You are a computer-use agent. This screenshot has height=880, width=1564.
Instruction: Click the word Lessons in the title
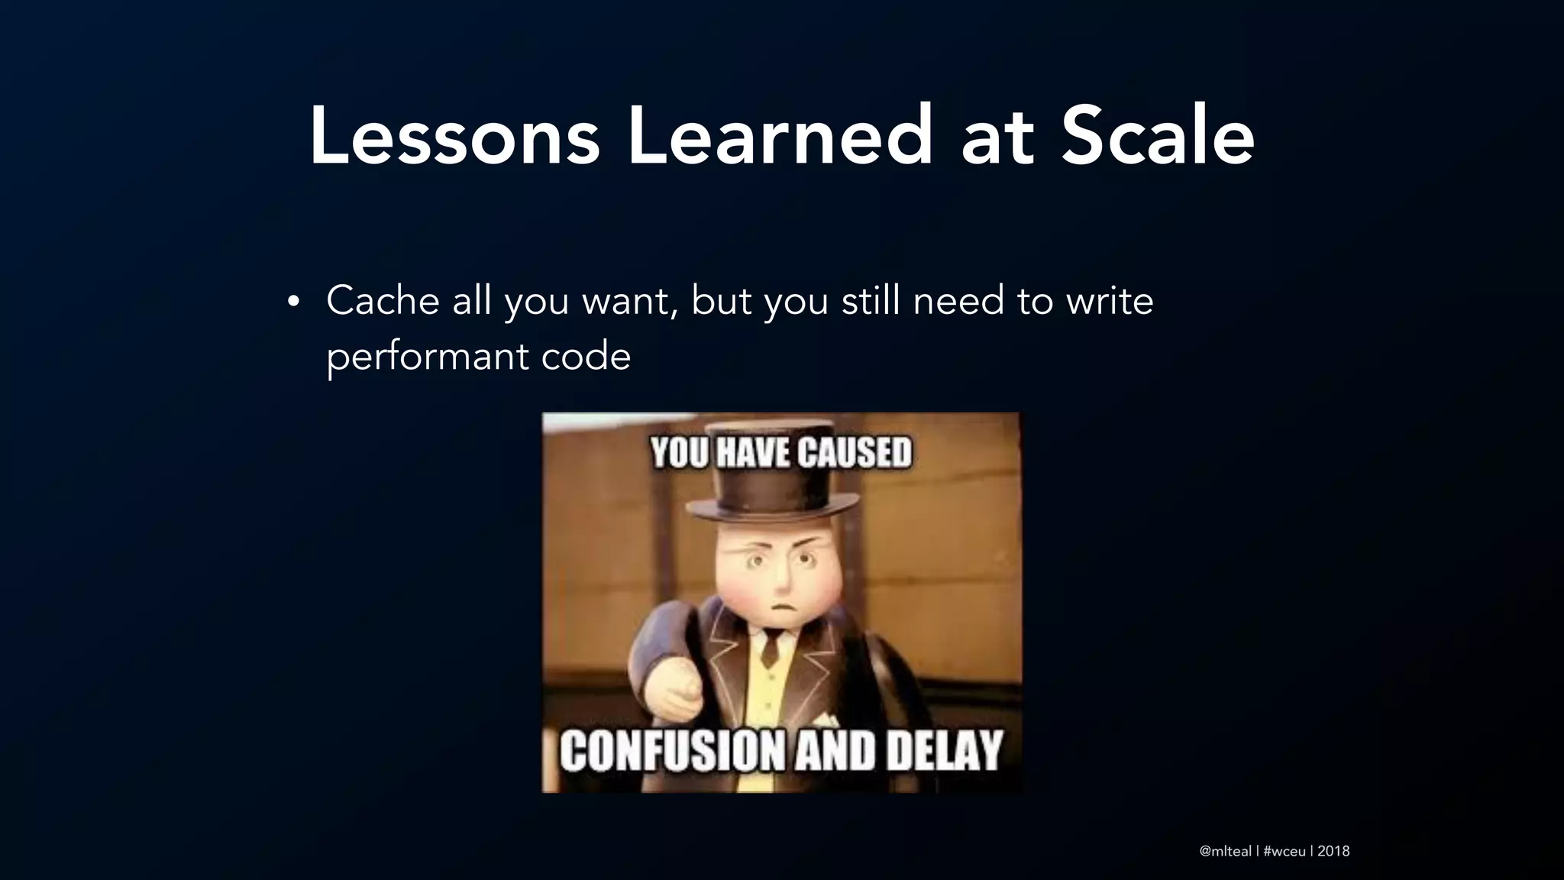pos(454,137)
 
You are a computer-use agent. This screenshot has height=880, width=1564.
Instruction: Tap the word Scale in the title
pos(1157,137)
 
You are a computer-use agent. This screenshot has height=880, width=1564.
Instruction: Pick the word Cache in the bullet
pos(383,300)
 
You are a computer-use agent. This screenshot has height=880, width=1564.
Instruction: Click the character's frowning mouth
pos(780,608)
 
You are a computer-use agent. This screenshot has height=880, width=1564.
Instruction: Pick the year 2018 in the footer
pos(1333,851)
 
